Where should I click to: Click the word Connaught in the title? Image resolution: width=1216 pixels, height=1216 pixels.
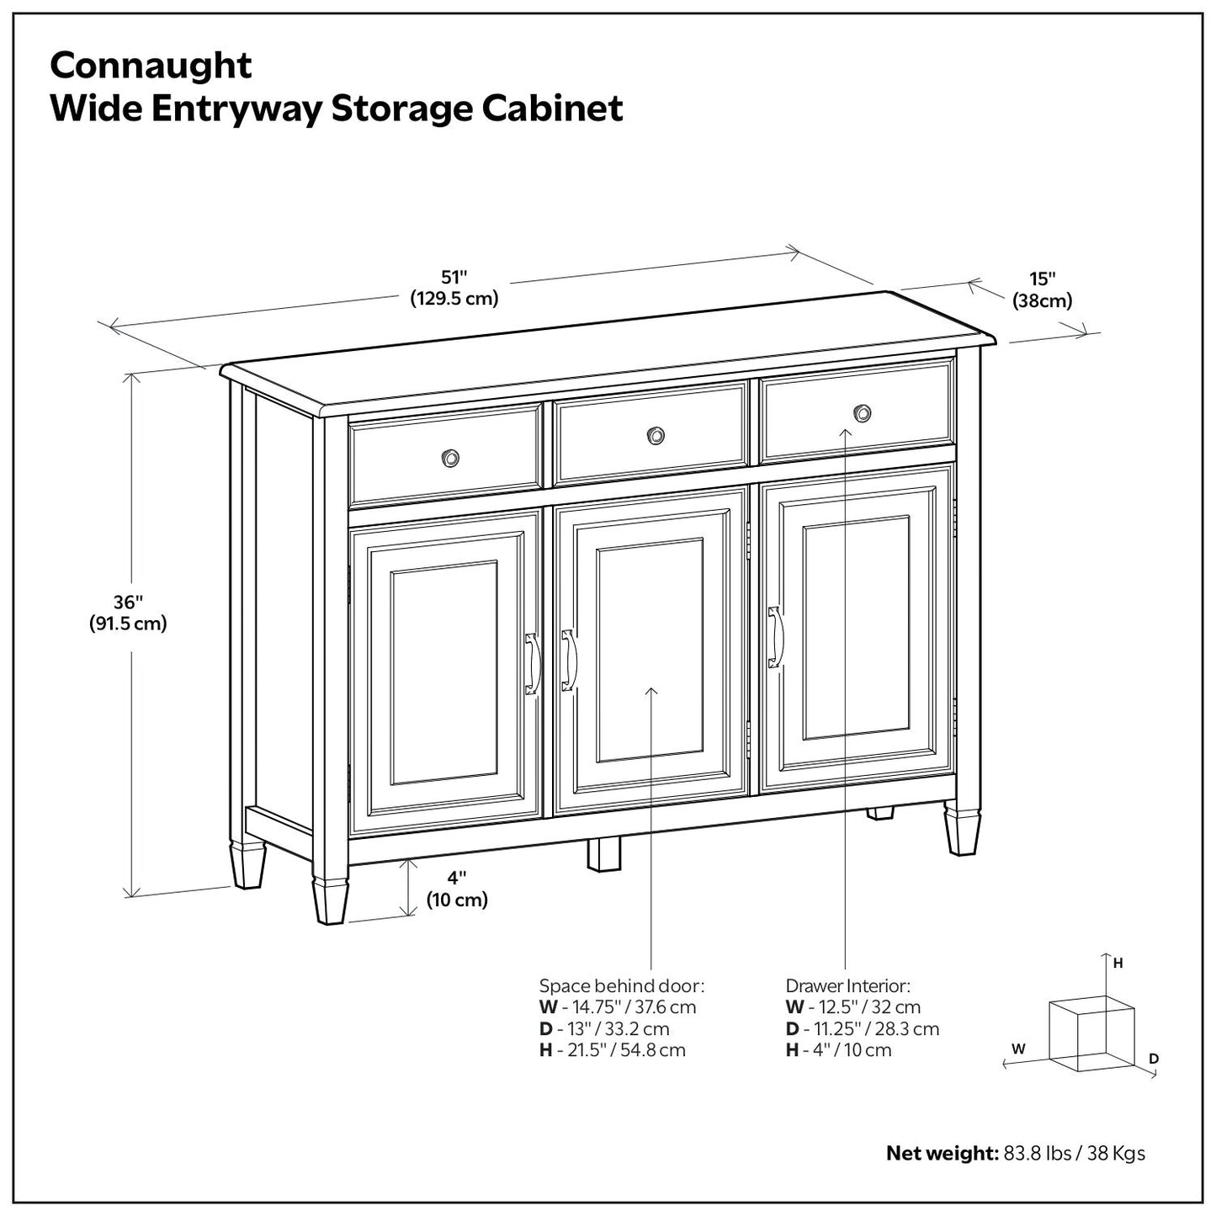click(x=151, y=65)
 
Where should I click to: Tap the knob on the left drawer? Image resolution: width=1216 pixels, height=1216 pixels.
click(x=450, y=458)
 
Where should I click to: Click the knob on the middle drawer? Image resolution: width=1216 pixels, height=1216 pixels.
click(x=655, y=435)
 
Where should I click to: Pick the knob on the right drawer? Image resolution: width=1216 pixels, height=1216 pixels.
click(x=862, y=412)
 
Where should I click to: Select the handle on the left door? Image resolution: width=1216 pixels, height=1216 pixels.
click(x=532, y=664)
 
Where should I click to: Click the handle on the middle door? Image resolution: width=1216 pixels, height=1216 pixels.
click(x=569, y=660)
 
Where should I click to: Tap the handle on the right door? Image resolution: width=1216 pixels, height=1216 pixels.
click(x=775, y=637)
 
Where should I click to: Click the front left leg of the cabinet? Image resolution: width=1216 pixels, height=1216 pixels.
click(x=329, y=900)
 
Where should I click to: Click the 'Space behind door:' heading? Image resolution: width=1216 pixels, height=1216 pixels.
click(x=621, y=985)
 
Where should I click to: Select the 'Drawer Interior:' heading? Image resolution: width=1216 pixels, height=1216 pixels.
click(x=847, y=985)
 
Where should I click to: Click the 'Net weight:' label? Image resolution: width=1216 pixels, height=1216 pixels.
click(x=942, y=1153)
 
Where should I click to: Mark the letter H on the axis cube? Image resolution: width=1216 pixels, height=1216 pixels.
click(x=1118, y=964)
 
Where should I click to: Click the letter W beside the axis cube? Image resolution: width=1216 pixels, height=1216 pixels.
click(x=1018, y=1049)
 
